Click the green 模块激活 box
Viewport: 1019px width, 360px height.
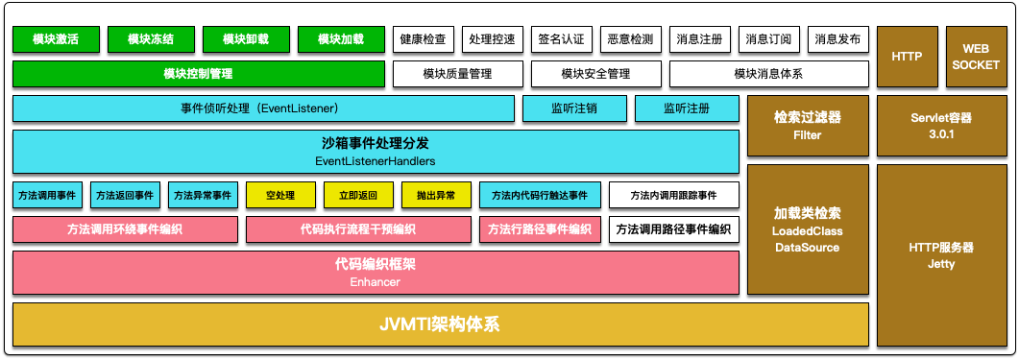point(55,39)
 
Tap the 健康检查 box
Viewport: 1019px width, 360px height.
point(424,39)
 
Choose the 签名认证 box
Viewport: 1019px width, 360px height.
point(562,39)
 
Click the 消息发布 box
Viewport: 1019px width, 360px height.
point(837,39)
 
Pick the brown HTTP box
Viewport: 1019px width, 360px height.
point(907,57)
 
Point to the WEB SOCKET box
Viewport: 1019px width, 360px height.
point(976,57)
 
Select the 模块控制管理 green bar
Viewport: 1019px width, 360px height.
point(198,73)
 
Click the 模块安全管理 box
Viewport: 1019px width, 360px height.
point(594,73)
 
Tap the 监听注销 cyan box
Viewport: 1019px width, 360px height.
point(574,108)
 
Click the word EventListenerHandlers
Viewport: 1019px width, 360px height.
point(375,160)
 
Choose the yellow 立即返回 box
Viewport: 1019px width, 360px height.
point(358,195)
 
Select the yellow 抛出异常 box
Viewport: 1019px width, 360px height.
point(436,195)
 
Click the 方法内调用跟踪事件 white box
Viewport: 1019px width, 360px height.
point(674,195)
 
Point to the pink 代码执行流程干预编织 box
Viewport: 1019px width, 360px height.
point(357,229)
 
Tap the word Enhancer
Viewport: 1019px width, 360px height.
point(375,282)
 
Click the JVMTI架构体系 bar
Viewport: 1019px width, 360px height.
point(440,324)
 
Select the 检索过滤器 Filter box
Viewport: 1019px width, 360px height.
point(808,126)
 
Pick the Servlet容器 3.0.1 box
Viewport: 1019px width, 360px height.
point(941,126)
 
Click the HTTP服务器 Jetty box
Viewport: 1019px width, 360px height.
point(941,254)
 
